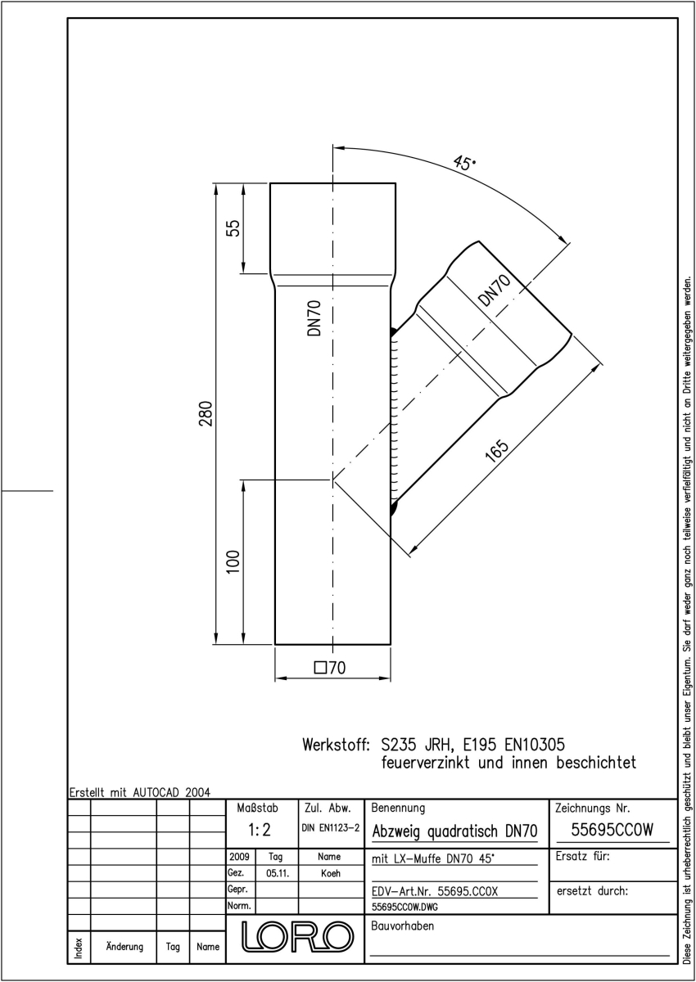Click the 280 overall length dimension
206,413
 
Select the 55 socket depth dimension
233,228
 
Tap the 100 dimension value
233,561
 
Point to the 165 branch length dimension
497,450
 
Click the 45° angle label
464,163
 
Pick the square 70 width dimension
330,668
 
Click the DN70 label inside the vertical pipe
314,318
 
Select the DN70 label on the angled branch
495,291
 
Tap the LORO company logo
297,937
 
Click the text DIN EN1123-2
331,827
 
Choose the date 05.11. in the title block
278,873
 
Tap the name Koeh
331,873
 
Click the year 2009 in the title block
239,857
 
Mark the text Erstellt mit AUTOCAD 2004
140,793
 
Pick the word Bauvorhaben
403,926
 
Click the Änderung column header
124,947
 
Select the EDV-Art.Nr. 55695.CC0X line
435,891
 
